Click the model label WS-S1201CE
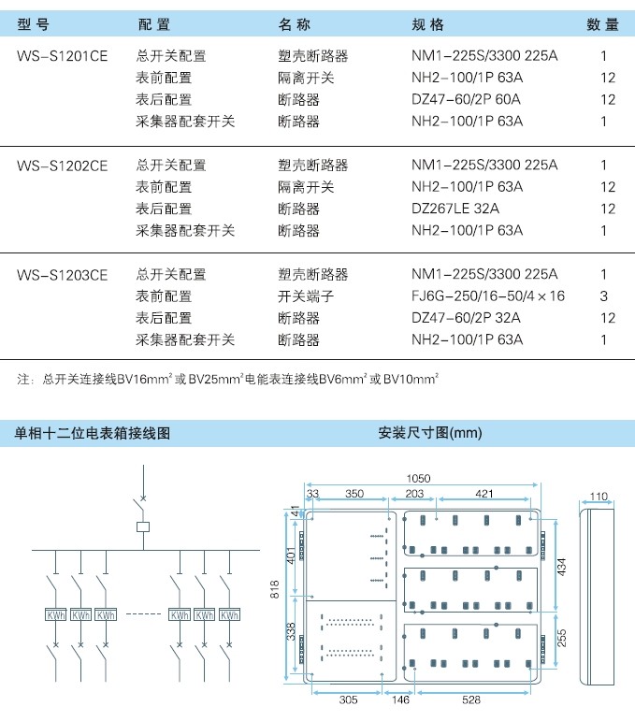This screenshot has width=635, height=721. click(62, 56)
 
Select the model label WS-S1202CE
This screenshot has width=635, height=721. click(62, 166)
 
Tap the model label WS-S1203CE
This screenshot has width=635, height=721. click(62, 275)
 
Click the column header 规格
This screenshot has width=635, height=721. click(427, 24)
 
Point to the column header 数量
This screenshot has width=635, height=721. click(602, 24)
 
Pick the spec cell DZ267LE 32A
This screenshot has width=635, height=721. click(455, 209)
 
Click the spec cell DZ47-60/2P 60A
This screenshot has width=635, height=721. click(466, 99)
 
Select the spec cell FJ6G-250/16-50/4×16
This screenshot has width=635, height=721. click(488, 296)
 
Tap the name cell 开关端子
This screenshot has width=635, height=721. click(306, 296)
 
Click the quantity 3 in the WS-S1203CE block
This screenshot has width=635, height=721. click(604, 296)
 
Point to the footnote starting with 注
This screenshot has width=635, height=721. click(227, 379)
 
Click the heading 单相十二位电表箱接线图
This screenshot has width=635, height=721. click(92, 433)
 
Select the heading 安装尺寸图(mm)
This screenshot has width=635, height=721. click(430, 433)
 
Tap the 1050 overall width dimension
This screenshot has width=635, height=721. click(418, 478)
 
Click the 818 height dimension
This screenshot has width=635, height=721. click(275, 589)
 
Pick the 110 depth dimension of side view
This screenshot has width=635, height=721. click(599, 497)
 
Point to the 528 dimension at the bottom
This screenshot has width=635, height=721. click(471, 699)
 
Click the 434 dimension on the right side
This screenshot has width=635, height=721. click(562, 567)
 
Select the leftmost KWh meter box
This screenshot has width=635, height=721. click(56, 614)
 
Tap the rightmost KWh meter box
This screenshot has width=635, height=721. click(229, 614)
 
